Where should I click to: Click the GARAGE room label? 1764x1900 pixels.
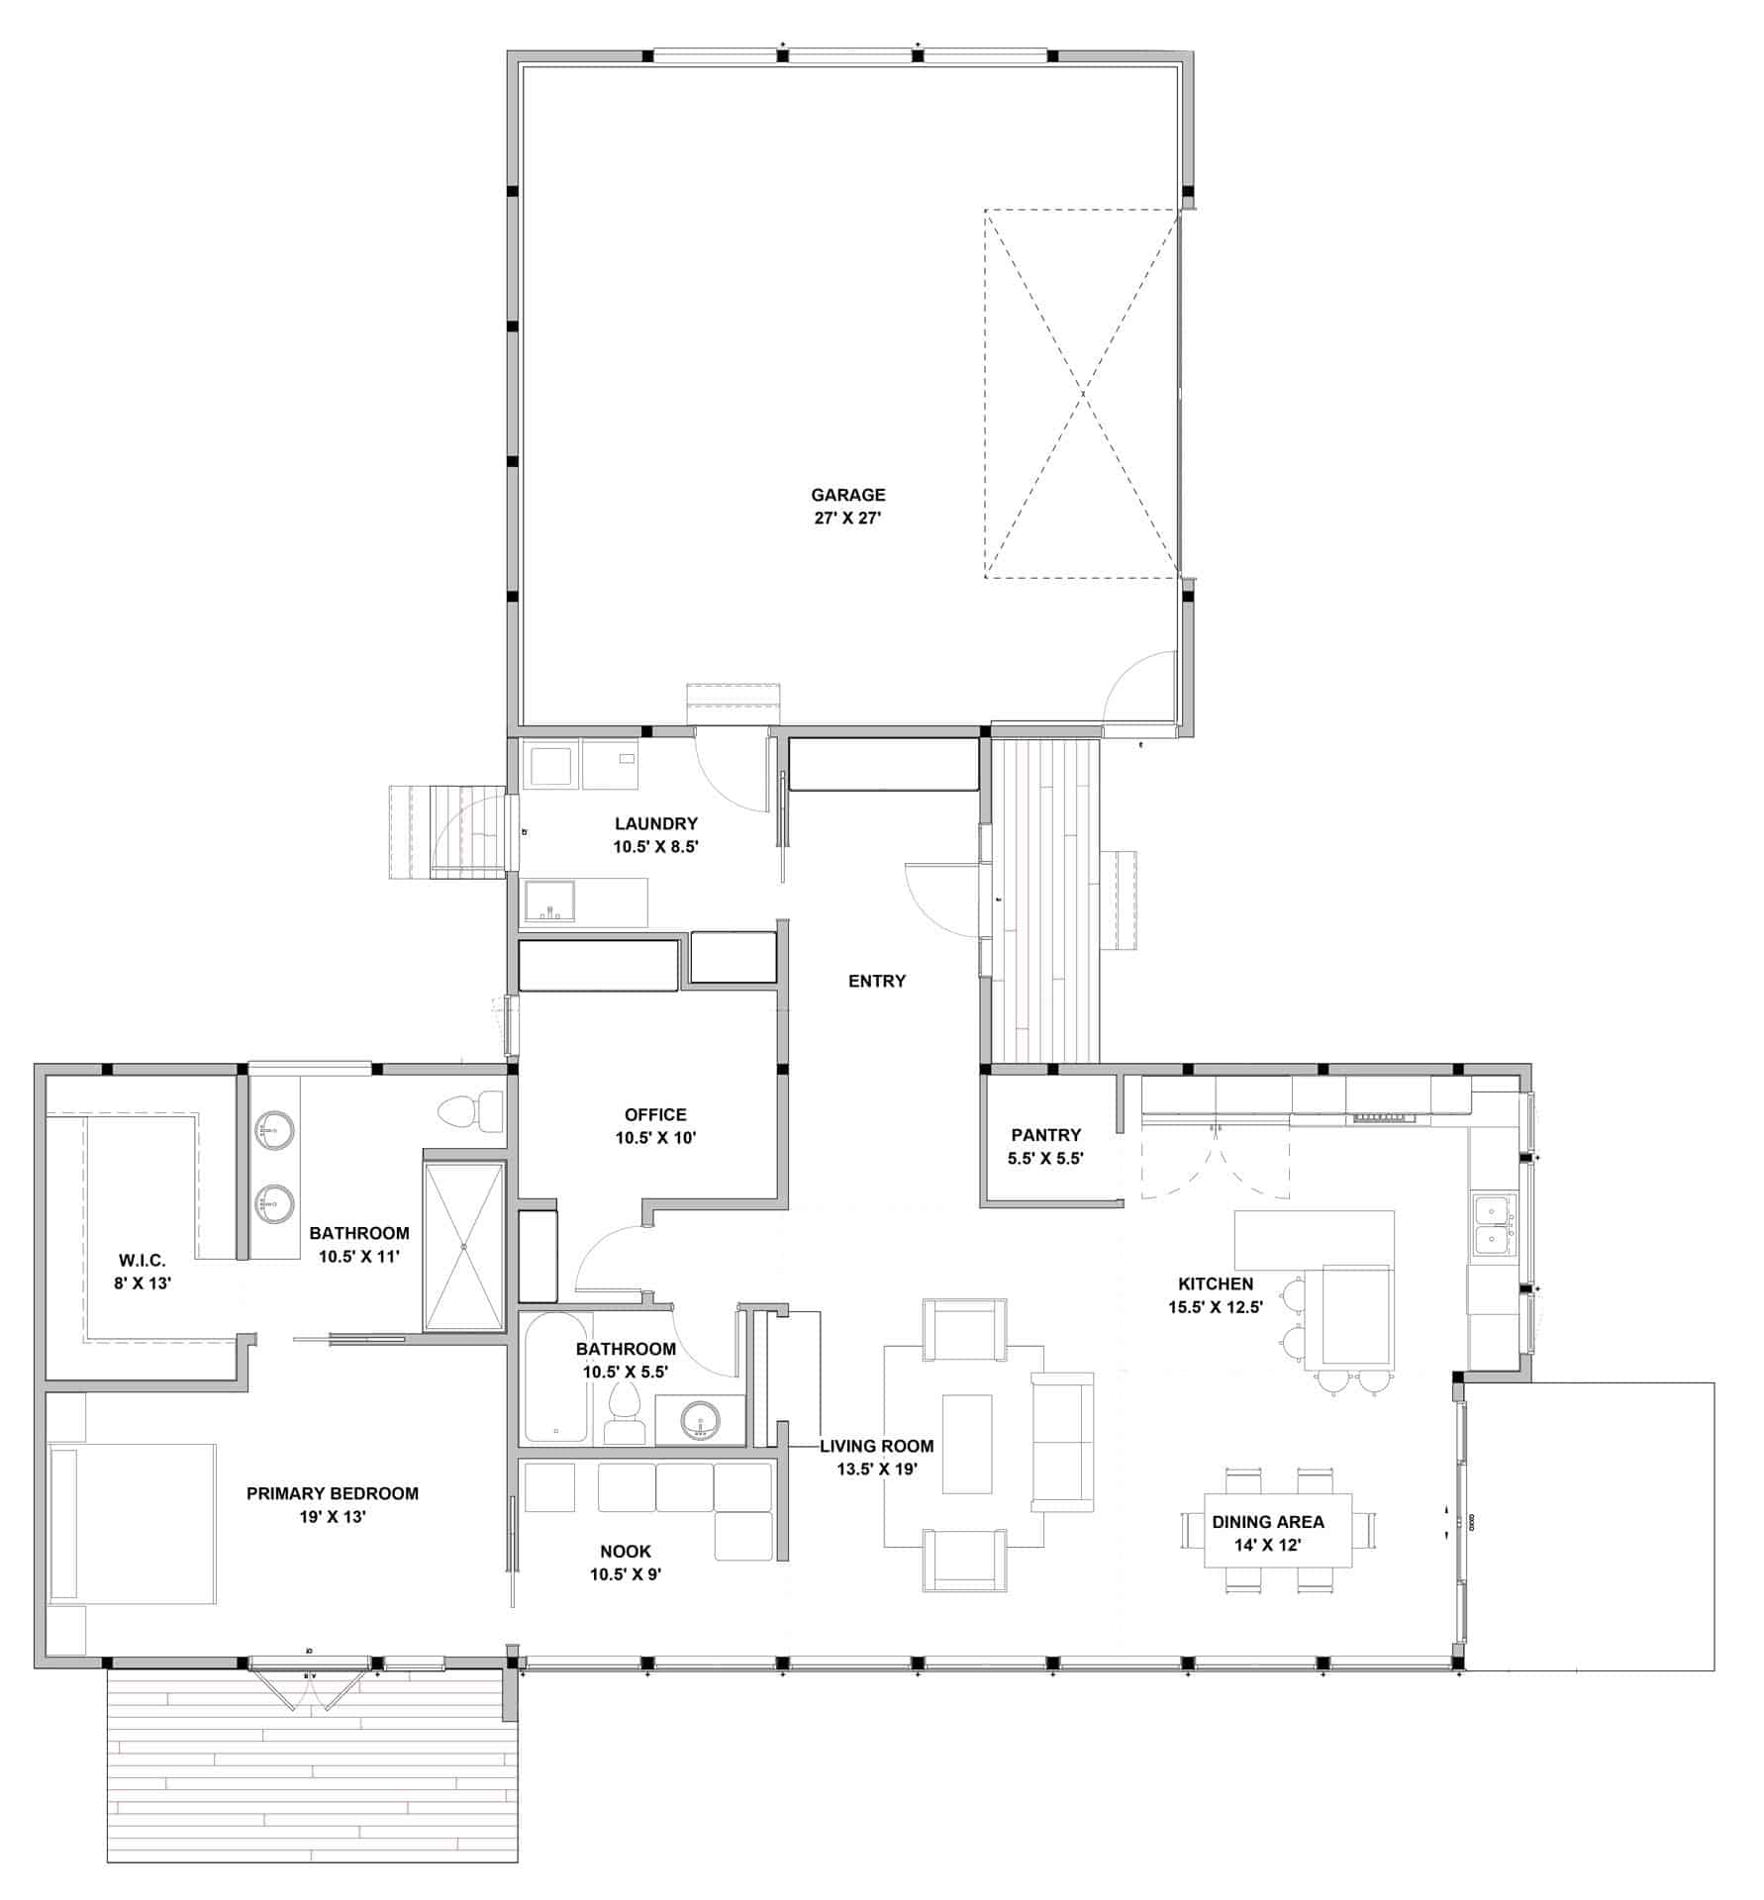click(x=847, y=495)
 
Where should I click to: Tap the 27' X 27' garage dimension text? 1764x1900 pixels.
click(x=847, y=518)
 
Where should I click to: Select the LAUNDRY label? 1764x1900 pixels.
click(x=655, y=823)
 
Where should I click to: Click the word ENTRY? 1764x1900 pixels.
click(x=876, y=981)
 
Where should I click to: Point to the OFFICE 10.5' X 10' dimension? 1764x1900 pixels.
click(x=655, y=1138)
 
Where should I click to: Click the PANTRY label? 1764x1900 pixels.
click(x=1045, y=1135)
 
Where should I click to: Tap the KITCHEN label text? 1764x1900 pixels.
click(x=1215, y=1283)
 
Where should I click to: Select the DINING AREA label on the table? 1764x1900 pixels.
click(x=1267, y=1522)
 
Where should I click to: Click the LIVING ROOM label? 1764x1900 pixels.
click(x=876, y=1446)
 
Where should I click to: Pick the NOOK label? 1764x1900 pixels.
click(x=626, y=1552)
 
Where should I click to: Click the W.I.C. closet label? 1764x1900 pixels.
click(x=142, y=1261)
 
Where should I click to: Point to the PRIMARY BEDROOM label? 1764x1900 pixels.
click(x=332, y=1493)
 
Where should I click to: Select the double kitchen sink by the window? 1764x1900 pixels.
click(x=1492, y=1225)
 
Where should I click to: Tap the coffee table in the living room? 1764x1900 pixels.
click(x=966, y=1444)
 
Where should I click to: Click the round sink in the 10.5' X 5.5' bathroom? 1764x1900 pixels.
click(x=702, y=1420)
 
